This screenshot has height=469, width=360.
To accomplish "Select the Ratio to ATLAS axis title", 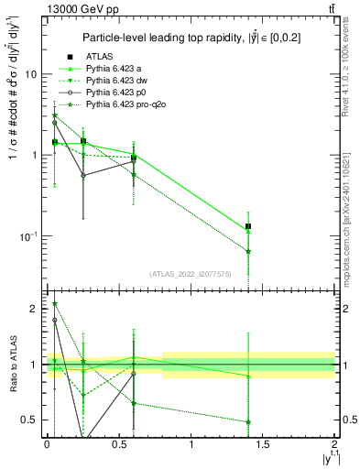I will click(x=12, y=364).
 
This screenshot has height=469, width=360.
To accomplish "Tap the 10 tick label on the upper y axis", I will click(x=30, y=74).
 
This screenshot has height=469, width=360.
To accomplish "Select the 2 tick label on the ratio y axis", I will click(x=34, y=310).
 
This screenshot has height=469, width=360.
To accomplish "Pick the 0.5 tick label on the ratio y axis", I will click(x=30, y=420).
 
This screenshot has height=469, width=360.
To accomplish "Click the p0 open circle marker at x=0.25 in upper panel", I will click(x=83, y=175).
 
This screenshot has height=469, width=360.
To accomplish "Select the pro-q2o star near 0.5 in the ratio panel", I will click(x=249, y=422).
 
